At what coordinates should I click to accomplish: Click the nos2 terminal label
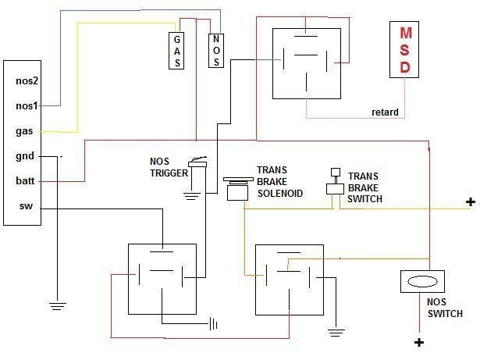tap(27, 81)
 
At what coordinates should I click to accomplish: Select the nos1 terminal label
tap(27, 105)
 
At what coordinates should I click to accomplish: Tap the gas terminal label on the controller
tap(24, 131)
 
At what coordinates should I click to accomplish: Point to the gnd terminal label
tap(25, 156)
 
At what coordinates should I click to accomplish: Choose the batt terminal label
tap(25, 180)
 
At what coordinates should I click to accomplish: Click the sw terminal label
tap(26, 206)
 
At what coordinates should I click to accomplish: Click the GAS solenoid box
tap(176, 51)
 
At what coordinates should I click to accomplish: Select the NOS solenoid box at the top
tap(216, 50)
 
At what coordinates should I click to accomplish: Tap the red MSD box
tap(404, 50)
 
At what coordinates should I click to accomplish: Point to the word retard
tap(385, 112)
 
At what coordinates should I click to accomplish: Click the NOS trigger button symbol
tap(197, 162)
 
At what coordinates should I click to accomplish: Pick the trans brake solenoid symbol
tap(238, 189)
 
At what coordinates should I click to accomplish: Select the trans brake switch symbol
tap(335, 181)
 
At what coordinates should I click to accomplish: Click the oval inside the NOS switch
tap(422, 281)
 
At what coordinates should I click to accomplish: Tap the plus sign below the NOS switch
tap(419, 342)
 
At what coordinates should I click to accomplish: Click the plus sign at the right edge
tap(471, 202)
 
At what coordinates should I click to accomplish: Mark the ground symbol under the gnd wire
tap(57, 306)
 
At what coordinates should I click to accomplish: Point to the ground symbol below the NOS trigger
tap(192, 196)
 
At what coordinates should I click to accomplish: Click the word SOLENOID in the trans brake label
tap(280, 194)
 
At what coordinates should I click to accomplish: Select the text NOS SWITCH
tap(445, 308)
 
